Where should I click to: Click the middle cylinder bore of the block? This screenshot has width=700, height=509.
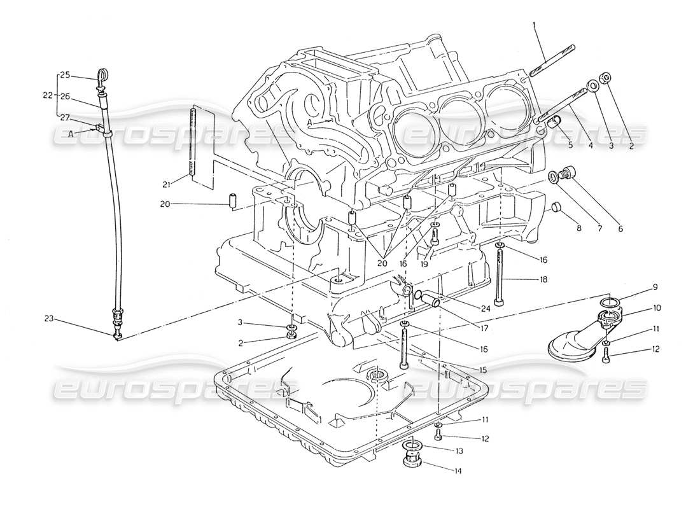click(x=457, y=115)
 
